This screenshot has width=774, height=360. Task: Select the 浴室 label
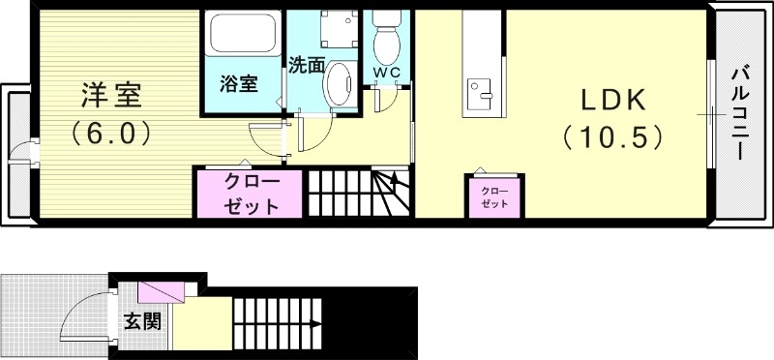[239, 83]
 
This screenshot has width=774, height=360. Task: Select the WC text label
[387, 74]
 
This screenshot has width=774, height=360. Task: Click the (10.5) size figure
[611, 137]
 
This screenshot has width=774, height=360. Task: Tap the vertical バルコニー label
[740, 111]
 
